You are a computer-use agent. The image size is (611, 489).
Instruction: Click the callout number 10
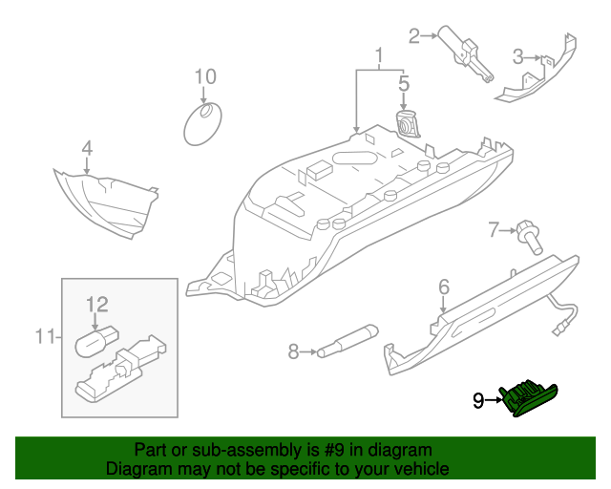[x=205, y=76]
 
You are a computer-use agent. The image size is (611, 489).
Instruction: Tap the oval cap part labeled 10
[x=200, y=124]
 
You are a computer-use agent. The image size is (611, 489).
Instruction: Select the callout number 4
[x=86, y=148]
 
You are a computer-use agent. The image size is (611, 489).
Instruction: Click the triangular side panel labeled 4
[x=105, y=201]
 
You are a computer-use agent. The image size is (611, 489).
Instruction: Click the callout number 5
[x=403, y=84]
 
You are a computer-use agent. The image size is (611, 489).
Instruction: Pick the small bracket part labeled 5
[x=407, y=125]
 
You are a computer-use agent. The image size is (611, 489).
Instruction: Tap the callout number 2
[x=414, y=37]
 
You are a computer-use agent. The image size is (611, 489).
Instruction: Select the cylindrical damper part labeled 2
[x=462, y=52]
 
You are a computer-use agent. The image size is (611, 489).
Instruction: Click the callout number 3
[x=517, y=56]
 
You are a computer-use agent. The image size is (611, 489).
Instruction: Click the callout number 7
[x=494, y=229]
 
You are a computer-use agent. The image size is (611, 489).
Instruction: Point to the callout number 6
[x=444, y=287]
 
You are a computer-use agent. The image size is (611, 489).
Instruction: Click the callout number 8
[x=293, y=352]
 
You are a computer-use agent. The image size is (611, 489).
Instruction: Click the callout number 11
[x=44, y=336]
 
